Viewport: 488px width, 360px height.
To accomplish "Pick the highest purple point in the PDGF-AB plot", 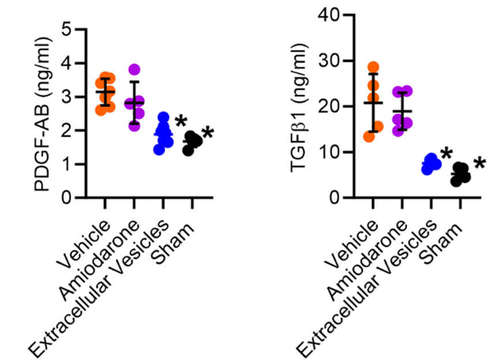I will (134, 70).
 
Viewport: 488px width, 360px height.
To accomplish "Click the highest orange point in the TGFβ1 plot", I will (373, 67).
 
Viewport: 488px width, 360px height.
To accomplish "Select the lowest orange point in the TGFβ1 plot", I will (370, 136).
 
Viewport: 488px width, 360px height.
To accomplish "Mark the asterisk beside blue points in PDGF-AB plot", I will (181, 122).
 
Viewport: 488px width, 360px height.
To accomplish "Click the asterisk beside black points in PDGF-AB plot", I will (207, 134).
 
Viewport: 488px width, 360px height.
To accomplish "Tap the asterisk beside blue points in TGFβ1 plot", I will (446, 154).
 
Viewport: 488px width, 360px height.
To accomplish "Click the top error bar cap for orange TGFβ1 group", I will (373, 74).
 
